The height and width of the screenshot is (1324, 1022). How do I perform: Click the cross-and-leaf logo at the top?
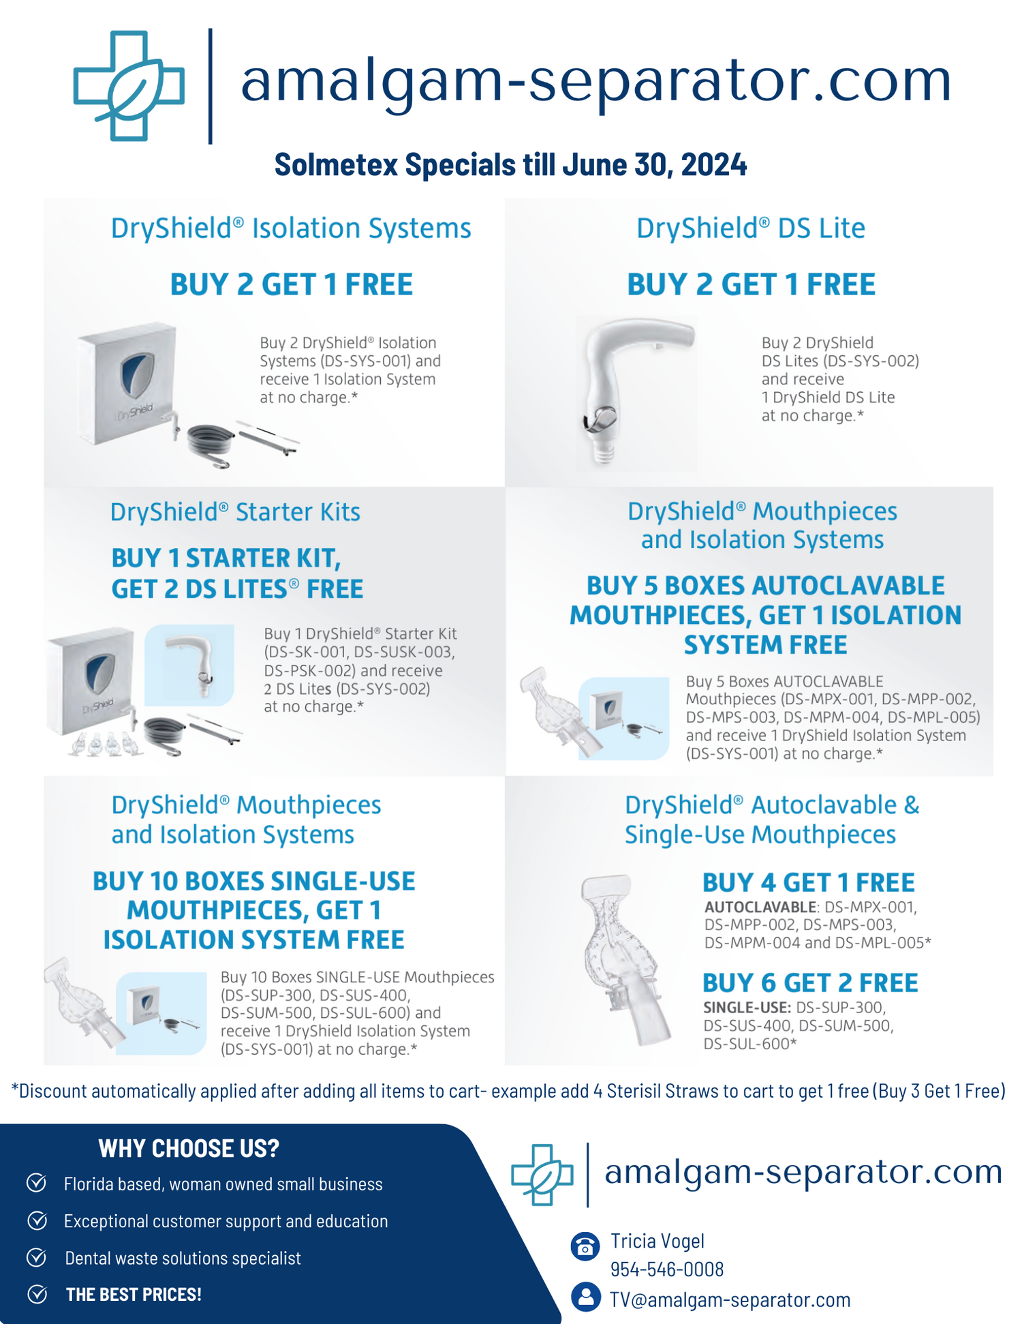click(128, 86)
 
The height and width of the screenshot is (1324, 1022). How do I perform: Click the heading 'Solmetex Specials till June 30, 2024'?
click(510, 165)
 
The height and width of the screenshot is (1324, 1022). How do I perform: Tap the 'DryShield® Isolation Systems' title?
click(291, 228)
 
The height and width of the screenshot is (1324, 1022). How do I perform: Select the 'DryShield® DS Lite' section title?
click(750, 228)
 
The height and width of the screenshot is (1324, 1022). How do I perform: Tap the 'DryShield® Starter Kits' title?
click(235, 512)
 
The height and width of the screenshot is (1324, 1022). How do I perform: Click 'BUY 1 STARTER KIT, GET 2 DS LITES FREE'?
click(237, 573)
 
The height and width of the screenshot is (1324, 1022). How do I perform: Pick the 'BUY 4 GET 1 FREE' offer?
click(808, 882)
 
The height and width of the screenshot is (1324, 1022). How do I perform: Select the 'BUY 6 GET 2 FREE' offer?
click(810, 982)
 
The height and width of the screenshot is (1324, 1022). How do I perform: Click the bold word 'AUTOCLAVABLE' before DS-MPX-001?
click(760, 907)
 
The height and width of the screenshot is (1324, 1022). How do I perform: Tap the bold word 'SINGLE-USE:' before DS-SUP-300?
click(747, 1008)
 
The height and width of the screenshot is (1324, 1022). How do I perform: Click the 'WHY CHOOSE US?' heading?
click(189, 1149)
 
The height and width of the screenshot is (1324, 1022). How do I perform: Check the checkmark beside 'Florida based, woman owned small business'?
click(37, 1183)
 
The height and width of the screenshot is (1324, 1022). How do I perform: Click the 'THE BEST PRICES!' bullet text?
click(134, 1294)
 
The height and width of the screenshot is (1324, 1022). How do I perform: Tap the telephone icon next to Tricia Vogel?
click(585, 1246)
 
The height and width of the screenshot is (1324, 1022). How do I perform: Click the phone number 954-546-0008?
click(666, 1269)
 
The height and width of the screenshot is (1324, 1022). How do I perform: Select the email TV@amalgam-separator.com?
click(730, 1300)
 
